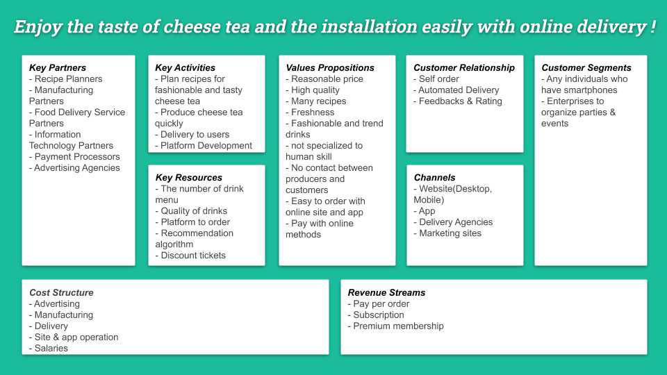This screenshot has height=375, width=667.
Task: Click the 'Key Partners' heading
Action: pyautogui.click(x=58, y=68)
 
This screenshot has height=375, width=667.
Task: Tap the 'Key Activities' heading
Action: pyautogui.click(x=185, y=68)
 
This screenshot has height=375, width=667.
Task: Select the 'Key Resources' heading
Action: pyautogui.click(x=188, y=178)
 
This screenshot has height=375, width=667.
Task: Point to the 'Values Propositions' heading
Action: pyautogui.click(x=330, y=68)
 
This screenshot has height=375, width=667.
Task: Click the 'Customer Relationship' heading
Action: pyautogui.click(x=464, y=68)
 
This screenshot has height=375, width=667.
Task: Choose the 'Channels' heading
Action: pyautogui.click(x=434, y=178)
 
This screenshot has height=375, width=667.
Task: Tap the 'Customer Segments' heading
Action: pyautogui.click(x=586, y=68)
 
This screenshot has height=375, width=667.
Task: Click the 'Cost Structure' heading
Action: pyautogui.click(x=61, y=293)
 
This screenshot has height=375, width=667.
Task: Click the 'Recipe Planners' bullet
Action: pyautogui.click(x=68, y=79)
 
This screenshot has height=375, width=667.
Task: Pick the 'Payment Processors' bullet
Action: pyautogui.click(x=76, y=157)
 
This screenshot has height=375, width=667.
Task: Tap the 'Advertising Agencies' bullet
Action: pyautogui.click(x=76, y=168)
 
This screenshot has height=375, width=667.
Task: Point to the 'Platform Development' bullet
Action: pyautogui.click(x=206, y=146)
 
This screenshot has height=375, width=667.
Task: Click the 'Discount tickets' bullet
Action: pyautogui.click(x=192, y=256)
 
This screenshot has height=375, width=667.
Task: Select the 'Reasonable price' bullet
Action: pyautogui.click(x=327, y=79)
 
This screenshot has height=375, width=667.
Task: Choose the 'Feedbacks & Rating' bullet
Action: pyautogui.click(x=459, y=101)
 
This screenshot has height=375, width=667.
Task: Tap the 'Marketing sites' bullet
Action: pyautogui.click(x=450, y=233)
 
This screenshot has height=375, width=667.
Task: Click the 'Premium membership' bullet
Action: pyautogui.click(x=397, y=326)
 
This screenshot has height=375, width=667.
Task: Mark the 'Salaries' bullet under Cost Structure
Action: pyautogui.click(x=51, y=349)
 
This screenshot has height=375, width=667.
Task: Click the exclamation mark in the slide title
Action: pyautogui.click(x=653, y=28)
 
